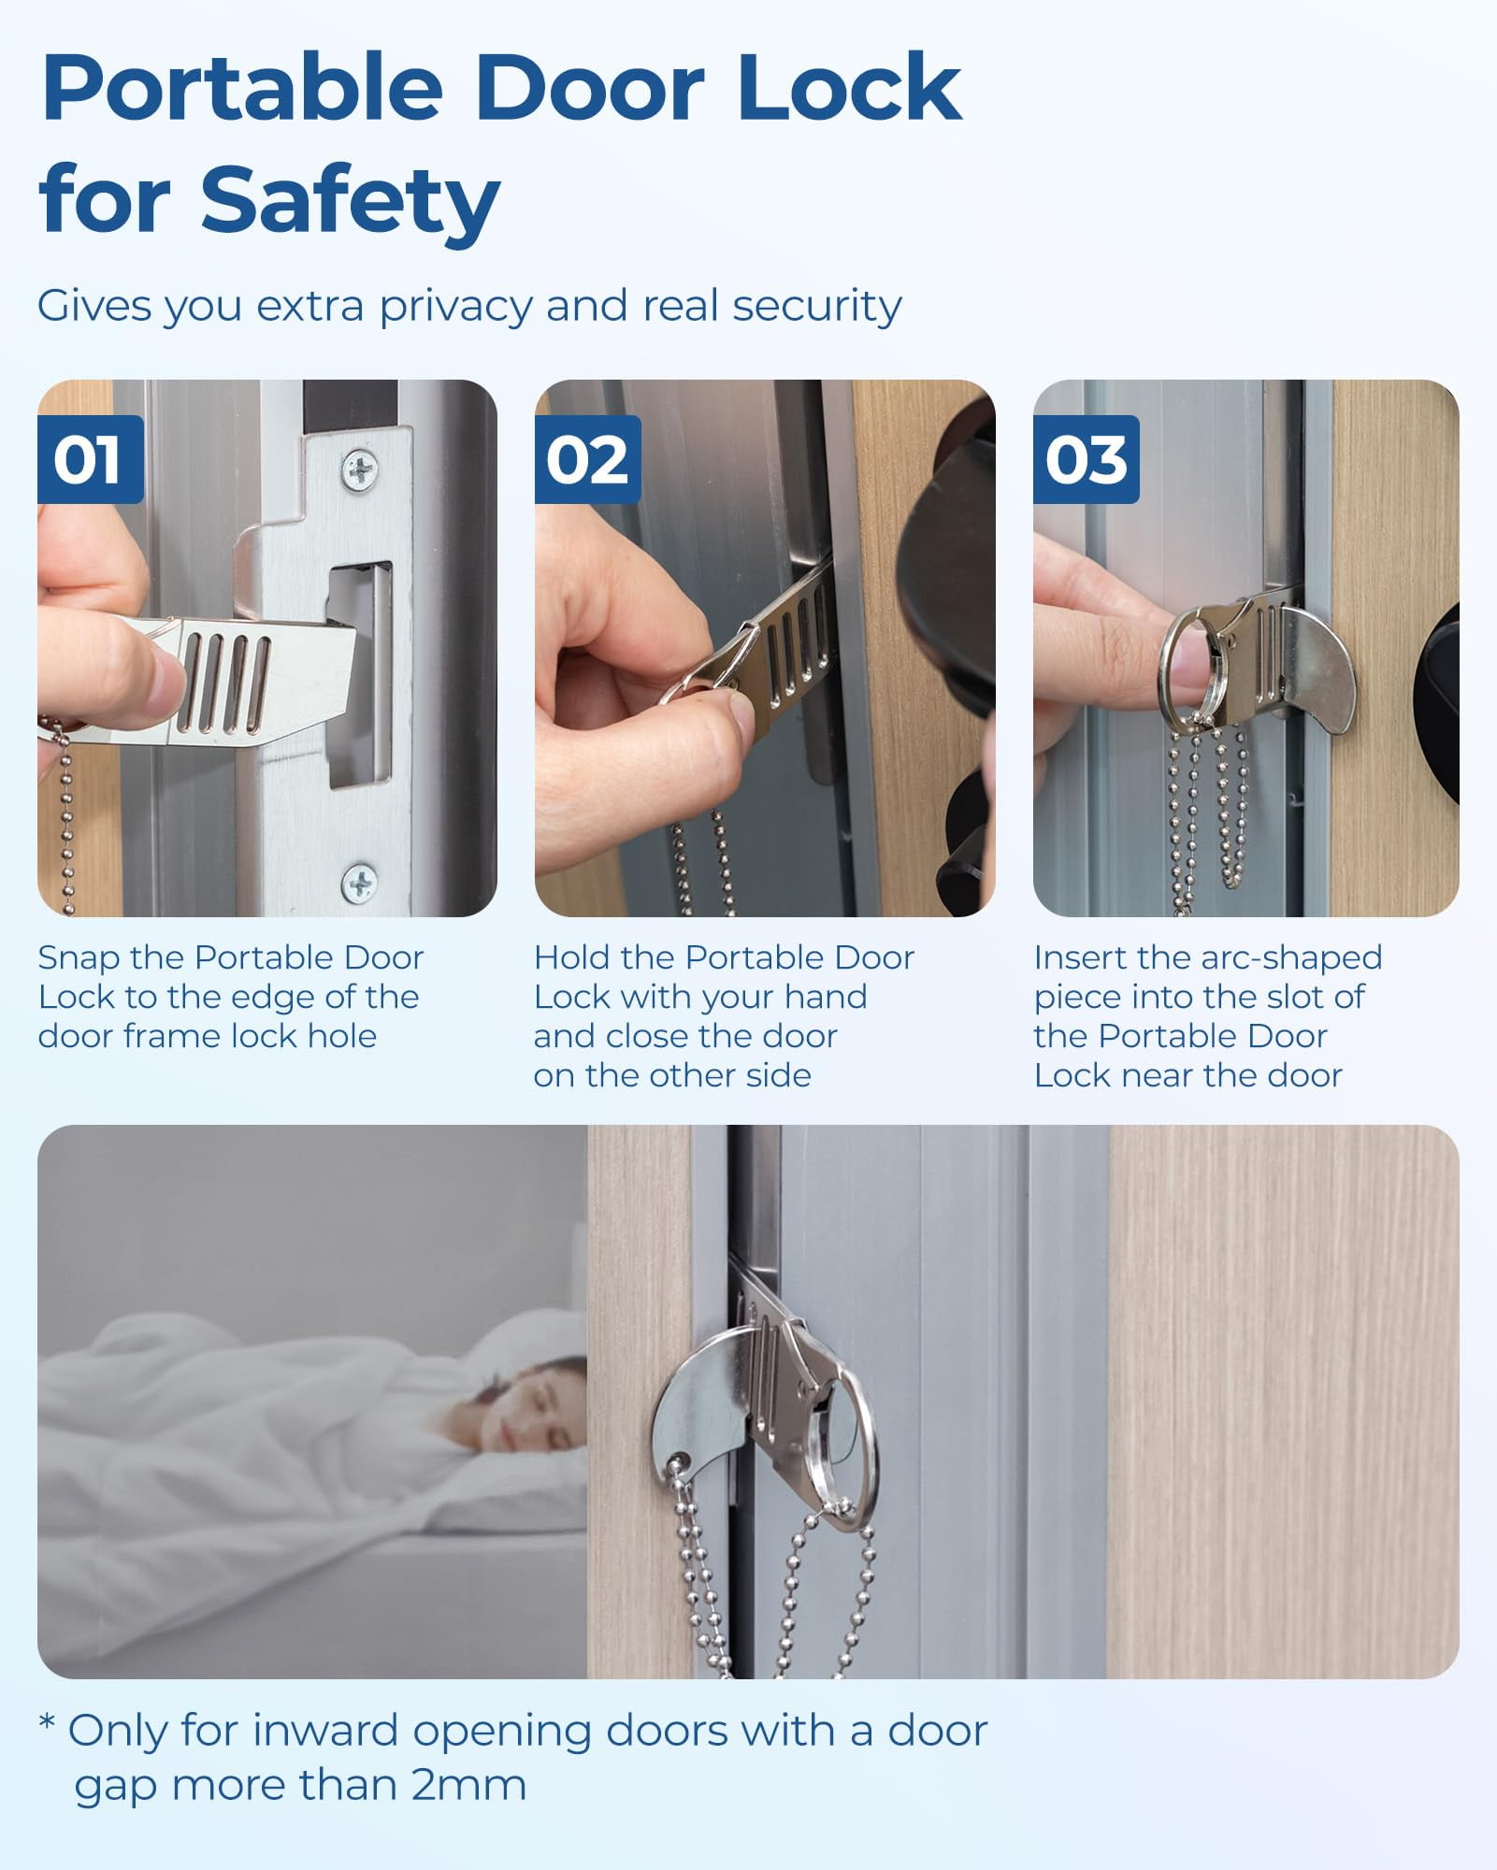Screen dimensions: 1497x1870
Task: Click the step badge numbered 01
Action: click(x=90, y=459)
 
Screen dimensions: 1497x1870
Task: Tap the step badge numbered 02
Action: click(x=587, y=459)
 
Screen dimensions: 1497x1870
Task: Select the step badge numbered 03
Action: click(x=1086, y=459)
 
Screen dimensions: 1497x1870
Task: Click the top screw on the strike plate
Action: click(x=360, y=469)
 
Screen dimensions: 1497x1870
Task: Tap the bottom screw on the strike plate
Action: click(x=359, y=882)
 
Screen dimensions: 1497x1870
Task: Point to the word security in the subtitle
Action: click(x=817, y=307)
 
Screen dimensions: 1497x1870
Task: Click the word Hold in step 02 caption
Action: click(x=572, y=957)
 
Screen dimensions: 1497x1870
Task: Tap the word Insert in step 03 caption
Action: click(x=1080, y=957)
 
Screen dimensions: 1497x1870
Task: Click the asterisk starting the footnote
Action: click(x=47, y=1722)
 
